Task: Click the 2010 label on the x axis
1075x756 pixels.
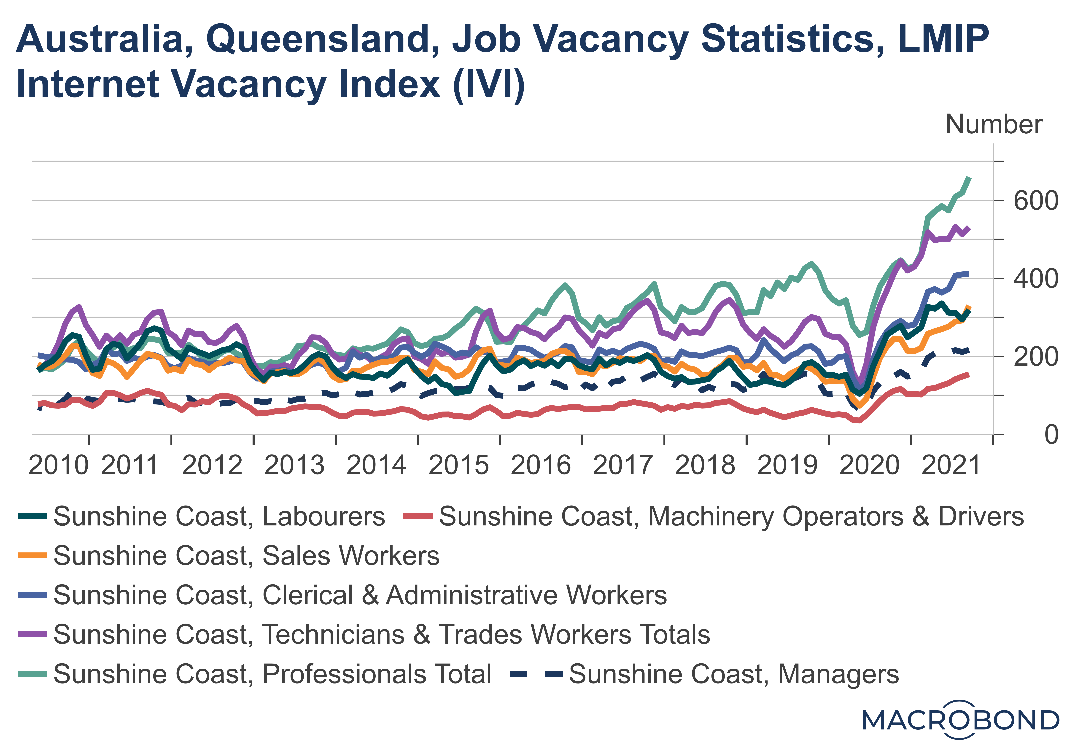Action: tap(58, 466)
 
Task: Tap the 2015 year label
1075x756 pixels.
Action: tap(458, 466)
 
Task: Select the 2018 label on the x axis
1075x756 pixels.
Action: tap(705, 466)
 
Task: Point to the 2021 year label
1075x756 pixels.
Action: tap(951, 466)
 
